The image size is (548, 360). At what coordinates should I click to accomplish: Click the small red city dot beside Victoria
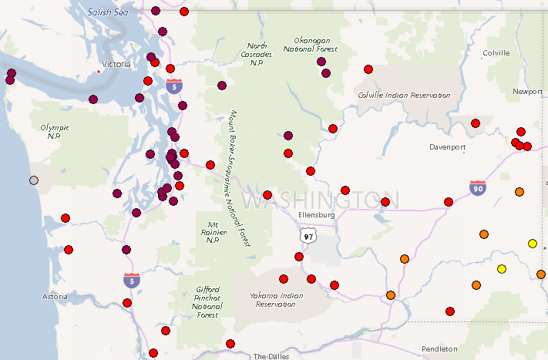coord(99,72)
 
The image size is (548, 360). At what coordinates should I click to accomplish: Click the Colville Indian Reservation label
coord(404,95)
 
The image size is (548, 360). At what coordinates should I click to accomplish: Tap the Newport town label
coord(527,92)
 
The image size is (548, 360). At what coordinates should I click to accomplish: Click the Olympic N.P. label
coord(55,131)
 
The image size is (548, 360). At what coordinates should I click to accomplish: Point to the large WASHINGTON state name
coord(320,200)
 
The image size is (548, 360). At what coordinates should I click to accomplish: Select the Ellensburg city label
coord(316,215)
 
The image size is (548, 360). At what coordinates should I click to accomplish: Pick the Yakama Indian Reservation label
coord(272,299)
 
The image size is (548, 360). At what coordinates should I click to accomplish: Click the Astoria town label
coord(57,296)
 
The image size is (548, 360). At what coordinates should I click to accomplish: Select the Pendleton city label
coord(439,348)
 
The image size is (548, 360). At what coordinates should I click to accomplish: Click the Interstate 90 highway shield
coord(478,187)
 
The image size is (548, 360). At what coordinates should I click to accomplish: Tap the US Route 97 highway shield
coord(308,235)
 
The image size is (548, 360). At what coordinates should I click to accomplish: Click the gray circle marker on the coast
coord(33,180)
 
